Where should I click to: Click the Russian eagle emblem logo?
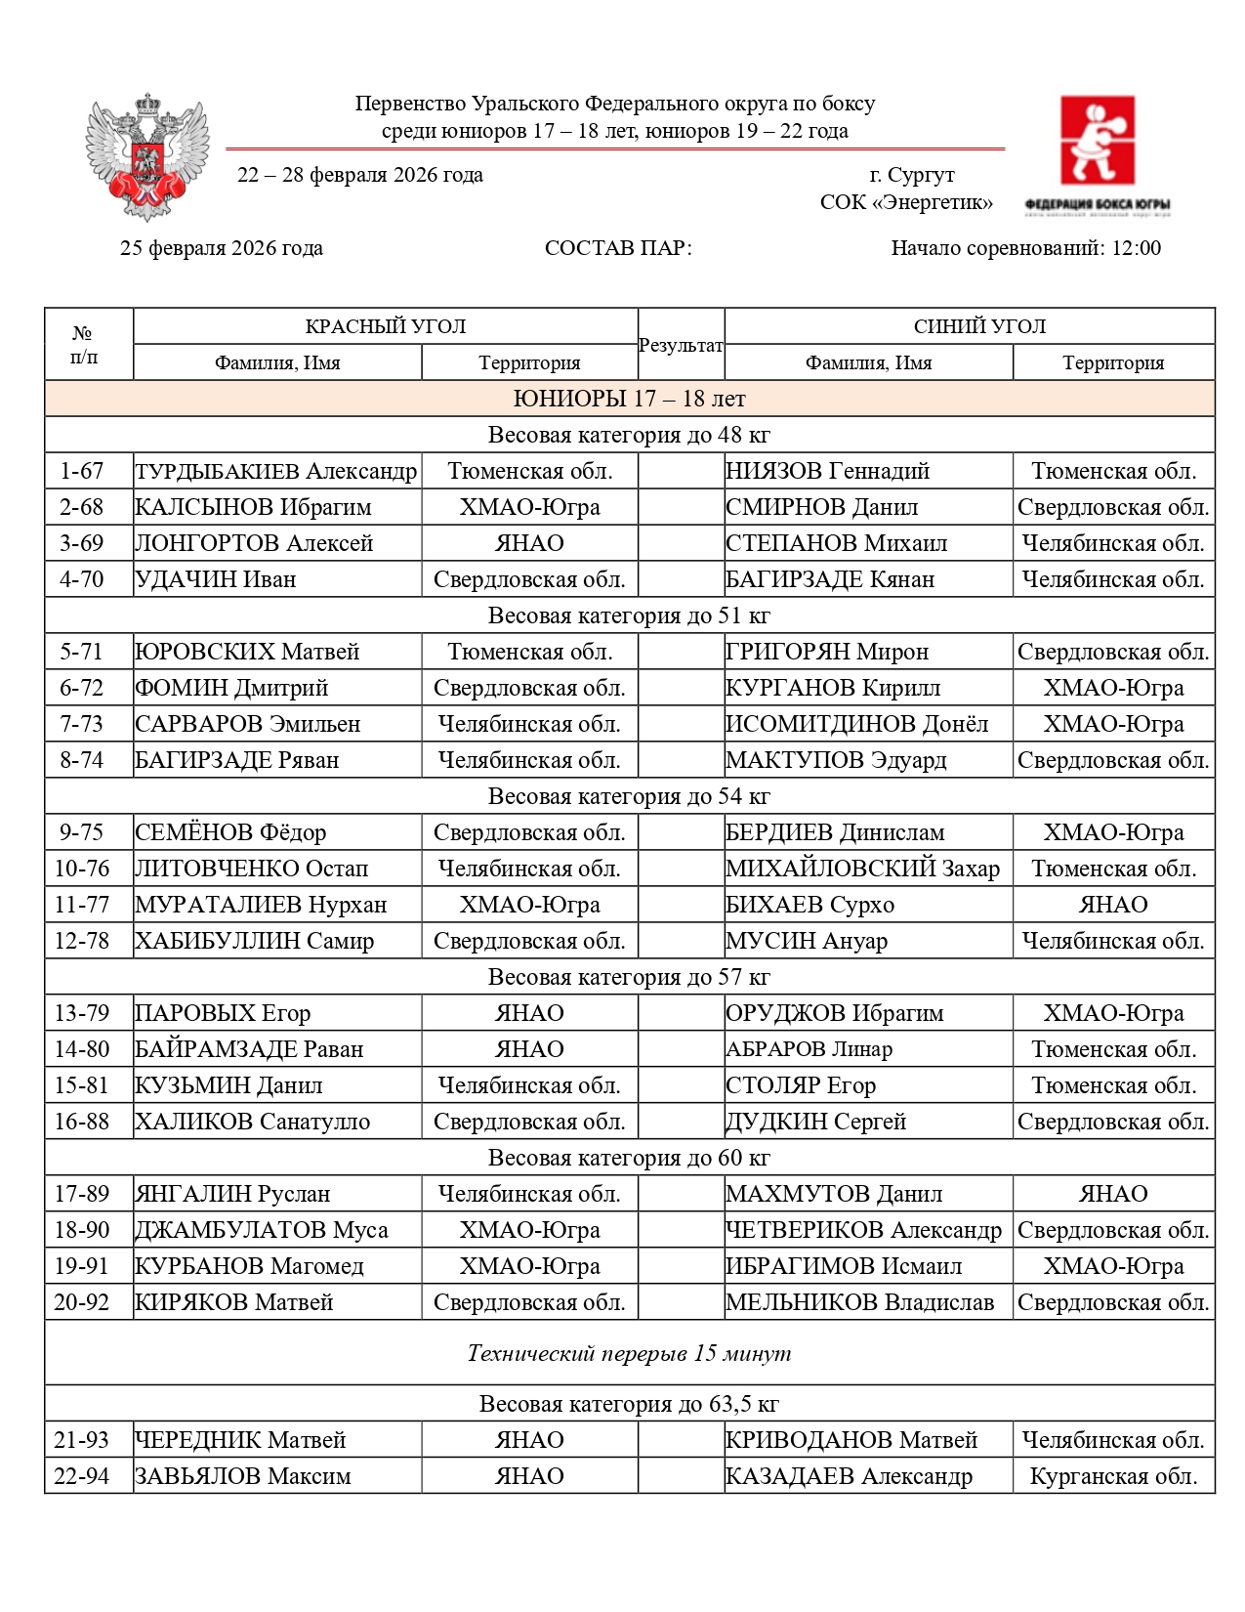pos(147,156)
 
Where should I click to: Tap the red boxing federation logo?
pos(1098,142)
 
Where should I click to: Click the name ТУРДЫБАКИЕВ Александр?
pos(276,471)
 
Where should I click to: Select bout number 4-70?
pos(82,579)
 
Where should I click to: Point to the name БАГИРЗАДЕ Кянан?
pos(830,579)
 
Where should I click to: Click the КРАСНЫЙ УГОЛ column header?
pos(385,326)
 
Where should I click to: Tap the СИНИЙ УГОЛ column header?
pos(979,326)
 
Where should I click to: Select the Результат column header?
pos(681,345)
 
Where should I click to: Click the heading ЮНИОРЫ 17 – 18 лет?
pos(629,399)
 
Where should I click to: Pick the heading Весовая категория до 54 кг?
pos(629,796)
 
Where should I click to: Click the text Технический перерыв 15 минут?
pos(629,1353)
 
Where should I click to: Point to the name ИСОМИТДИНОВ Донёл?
pos(856,724)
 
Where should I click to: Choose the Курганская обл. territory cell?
pos(1113,1476)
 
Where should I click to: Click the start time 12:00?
pos(1136,248)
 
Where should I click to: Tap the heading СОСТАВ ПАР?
pos(618,248)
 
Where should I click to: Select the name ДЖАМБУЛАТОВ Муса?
pos(262,1230)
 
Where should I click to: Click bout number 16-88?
pos(82,1122)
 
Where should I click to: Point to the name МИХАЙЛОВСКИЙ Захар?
pos(862,869)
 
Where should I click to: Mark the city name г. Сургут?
pos(912,175)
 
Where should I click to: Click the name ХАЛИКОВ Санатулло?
pos(253,1122)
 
